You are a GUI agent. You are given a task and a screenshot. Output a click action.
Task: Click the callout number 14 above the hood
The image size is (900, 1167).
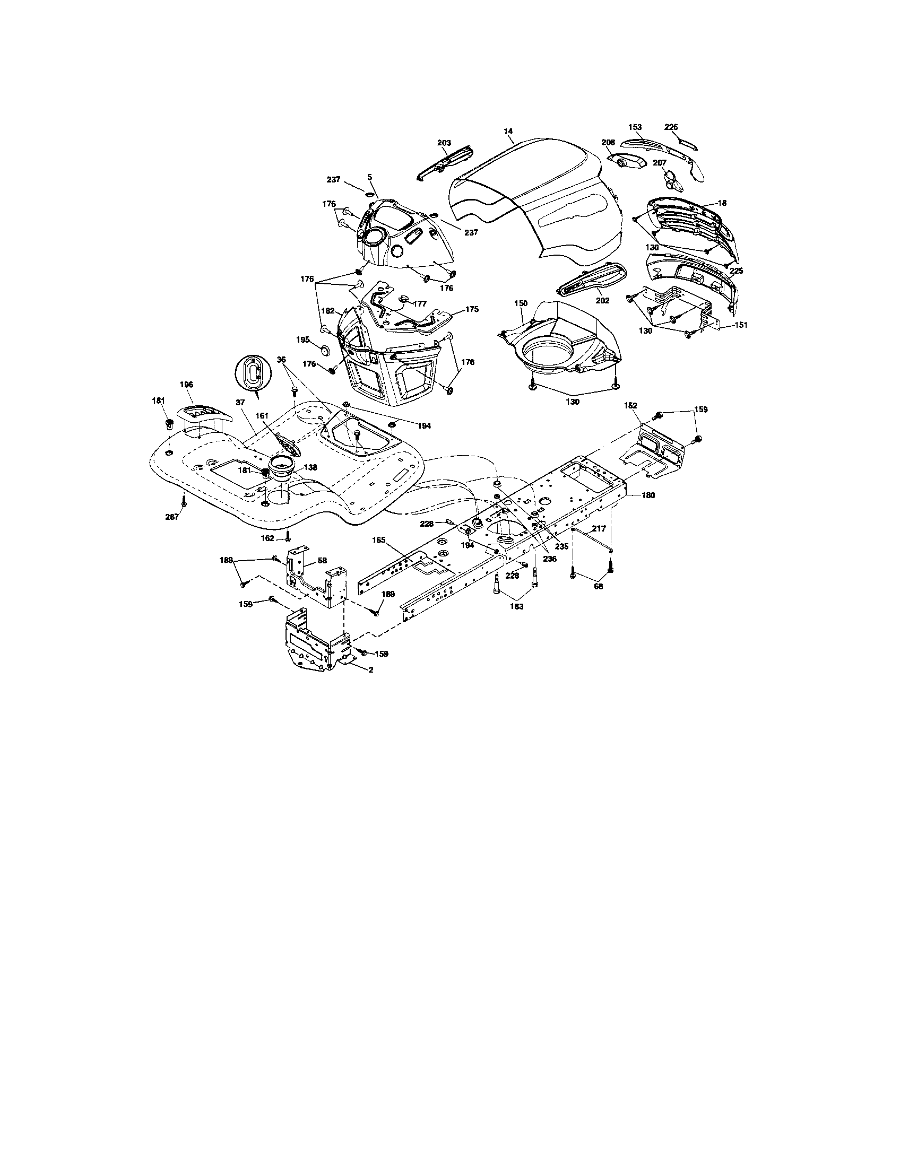click(508, 131)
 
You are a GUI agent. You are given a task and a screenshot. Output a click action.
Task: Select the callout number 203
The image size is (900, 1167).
click(444, 143)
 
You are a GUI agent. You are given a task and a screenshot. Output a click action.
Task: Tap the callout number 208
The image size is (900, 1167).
click(608, 143)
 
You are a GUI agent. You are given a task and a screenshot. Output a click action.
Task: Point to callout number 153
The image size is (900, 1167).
click(635, 127)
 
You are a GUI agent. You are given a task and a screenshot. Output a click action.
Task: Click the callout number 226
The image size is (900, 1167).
click(671, 127)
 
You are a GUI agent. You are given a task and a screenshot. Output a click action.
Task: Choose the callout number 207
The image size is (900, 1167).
click(660, 162)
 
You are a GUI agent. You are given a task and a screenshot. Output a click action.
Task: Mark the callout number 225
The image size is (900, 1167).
click(737, 271)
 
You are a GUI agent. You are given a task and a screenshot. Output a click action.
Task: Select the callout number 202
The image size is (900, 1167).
click(602, 301)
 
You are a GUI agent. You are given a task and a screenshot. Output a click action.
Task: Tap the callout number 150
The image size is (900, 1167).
click(521, 303)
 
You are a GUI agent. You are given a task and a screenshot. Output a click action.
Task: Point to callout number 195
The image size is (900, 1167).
click(304, 340)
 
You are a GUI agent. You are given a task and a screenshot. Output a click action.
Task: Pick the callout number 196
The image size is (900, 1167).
click(186, 385)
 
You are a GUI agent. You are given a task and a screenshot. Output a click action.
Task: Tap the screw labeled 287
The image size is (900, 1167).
click(184, 501)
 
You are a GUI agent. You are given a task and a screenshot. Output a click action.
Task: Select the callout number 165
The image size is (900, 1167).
click(378, 541)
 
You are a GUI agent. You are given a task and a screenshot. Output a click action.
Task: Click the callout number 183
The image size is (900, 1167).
click(517, 606)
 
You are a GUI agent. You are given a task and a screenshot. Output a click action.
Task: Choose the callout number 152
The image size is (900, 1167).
click(630, 406)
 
